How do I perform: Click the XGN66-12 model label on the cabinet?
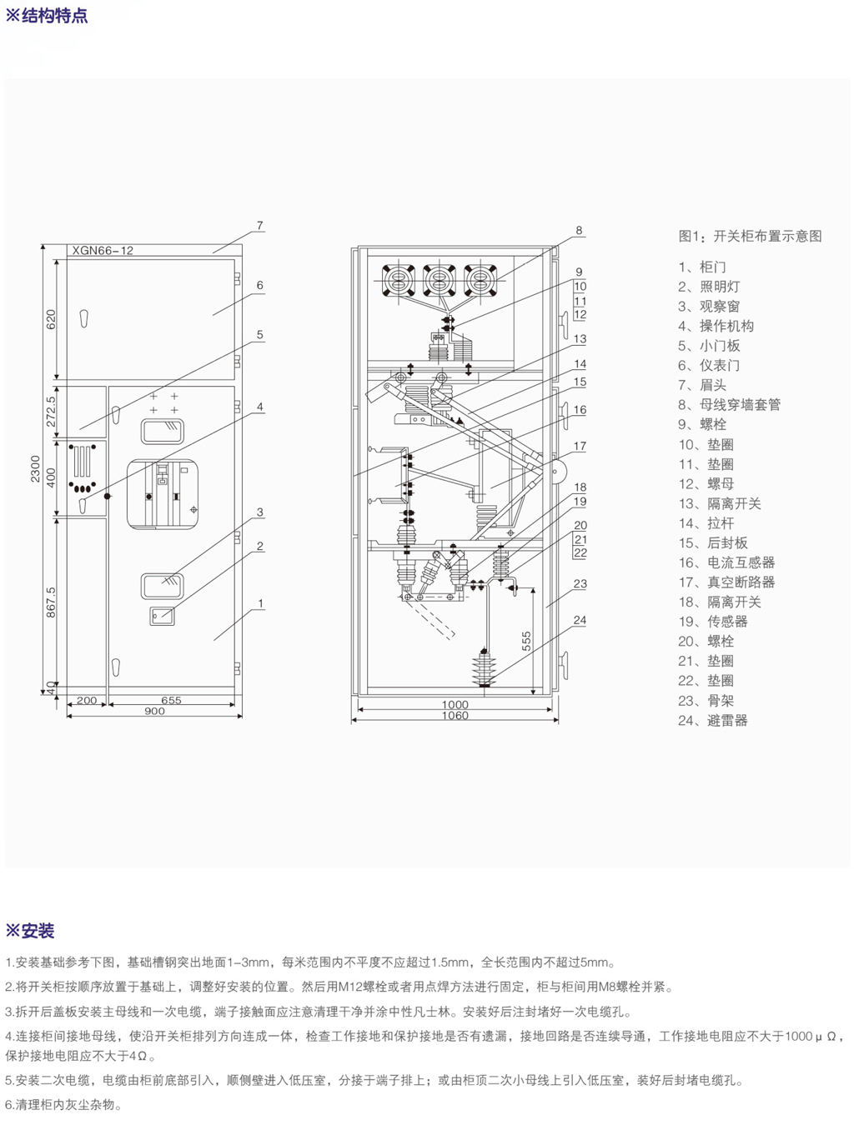click(x=103, y=250)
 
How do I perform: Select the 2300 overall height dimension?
click(x=36, y=468)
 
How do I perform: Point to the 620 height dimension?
click(x=51, y=319)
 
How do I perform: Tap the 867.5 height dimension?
click(x=51, y=602)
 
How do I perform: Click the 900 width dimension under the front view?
click(x=154, y=711)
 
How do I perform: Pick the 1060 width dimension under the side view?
click(x=455, y=715)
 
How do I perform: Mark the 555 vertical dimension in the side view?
click(x=526, y=641)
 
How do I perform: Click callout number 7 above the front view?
click(x=260, y=226)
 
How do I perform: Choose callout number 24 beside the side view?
click(x=580, y=620)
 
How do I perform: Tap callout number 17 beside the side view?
click(x=580, y=446)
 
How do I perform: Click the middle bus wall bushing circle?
click(x=439, y=278)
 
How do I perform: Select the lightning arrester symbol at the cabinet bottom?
click(x=483, y=667)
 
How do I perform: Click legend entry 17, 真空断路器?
click(x=726, y=582)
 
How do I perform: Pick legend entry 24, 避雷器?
click(x=713, y=720)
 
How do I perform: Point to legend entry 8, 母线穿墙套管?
click(x=729, y=404)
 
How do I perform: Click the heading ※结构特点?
click(x=47, y=16)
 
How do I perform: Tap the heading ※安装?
click(x=30, y=931)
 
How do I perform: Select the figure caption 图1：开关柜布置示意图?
click(x=750, y=236)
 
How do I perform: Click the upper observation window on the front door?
click(x=163, y=430)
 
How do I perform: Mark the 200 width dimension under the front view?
click(x=87, y=700)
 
